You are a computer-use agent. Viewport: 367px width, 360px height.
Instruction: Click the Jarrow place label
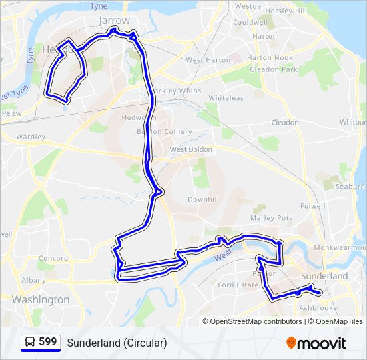pos(114,21)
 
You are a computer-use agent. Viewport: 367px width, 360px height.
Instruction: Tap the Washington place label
pos(41,299)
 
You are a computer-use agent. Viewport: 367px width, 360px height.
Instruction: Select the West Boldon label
pos(191,149)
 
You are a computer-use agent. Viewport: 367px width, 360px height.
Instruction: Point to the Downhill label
pos(203,199)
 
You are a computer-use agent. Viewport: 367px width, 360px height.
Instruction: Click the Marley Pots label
pos(271,218)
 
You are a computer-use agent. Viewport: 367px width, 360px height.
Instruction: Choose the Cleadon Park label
pos(274,69)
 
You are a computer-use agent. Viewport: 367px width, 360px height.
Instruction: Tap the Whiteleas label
pos(226,97)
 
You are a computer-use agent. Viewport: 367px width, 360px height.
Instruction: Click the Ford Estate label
pos(238,285)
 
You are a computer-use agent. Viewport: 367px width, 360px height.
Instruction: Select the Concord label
pos(53,258)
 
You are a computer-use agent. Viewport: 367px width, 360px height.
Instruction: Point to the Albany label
pos(33,281)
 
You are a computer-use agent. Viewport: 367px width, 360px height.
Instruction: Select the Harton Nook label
pos(270,58)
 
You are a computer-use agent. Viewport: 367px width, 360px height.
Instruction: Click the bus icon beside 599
pos(29,343)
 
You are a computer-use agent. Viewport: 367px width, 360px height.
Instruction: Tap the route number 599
pos(48,342)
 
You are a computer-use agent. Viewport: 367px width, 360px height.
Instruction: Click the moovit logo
pos(316,343)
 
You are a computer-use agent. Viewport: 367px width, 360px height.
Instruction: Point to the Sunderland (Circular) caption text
pos(117,343)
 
